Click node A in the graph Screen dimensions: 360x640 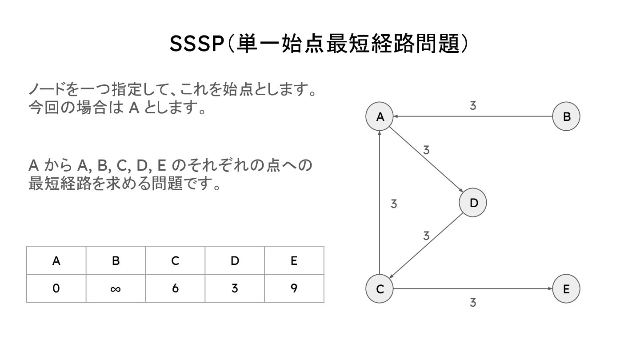tap(380, 117)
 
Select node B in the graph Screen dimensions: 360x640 tap(566, 117)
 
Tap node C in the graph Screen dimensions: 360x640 tap(380, 289)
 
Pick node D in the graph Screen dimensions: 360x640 tap(473, 203)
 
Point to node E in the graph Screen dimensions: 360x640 tap(566, 289)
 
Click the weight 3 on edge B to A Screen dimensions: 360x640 tap(473, 106)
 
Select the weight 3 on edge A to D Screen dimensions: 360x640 tap(426, 150)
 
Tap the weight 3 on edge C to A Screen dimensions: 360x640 tap(394, 204)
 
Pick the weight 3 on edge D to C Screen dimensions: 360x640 tap(426, 236)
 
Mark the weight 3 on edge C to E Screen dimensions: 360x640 tap(473, 303)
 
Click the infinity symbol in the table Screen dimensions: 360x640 tap(116, 289)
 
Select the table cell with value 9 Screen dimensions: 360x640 tap(294, 289)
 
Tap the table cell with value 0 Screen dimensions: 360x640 tap(56, 289)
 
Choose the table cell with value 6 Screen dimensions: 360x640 tap(175, 289)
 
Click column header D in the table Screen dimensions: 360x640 tap(235, 261)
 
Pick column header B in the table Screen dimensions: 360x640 tap(116, 261)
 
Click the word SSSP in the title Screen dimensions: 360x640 tap(196, 44)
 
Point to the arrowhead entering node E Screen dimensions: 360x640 tap(550, 289)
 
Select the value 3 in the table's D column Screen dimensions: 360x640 tap(235, 289)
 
